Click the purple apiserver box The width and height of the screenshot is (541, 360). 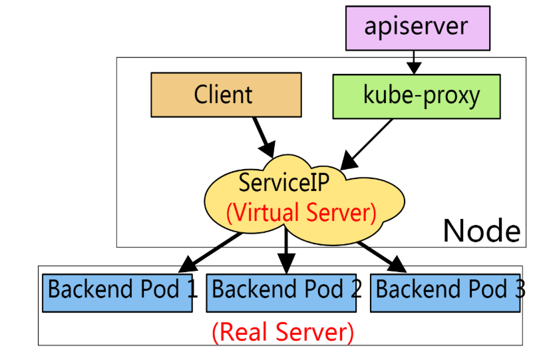pyautogui.click(x=418, y=28)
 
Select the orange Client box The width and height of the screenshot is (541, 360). pyautogui.click(x=226, y=95)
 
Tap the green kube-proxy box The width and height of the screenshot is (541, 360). pyautogui.click(x=417, y=96)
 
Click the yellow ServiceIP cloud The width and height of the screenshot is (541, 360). pyautogui.click(x=304, y=200)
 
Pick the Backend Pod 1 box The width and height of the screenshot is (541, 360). pyautogui.click(x=117, y=293)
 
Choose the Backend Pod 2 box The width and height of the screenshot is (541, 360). pyautogui.click(x=281, y=293)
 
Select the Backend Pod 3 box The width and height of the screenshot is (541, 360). pyautogui.click(x=445, y=293)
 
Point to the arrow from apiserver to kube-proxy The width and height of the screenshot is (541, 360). pyautogui.click(x=414, y=63)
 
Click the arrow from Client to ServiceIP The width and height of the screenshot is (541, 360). pyautogui.click(x=264, y=138)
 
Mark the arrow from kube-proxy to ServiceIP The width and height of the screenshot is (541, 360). pyautogui.click(x=367, y=144)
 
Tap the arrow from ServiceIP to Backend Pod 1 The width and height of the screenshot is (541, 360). pyautogui.click(x=210, y=253)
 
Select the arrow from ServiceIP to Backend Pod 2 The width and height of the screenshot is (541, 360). pyautogui.click(x=286, y=250)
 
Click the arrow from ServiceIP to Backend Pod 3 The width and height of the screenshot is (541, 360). pyautogui.click(x=382, y=258)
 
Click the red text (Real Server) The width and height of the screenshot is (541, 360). pyautogui.click(x=283, y=333)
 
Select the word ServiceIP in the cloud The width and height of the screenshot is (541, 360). pyautogui.click(x=284, y=182)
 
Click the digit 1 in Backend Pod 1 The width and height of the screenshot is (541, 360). pyautogui.click(x=192, y=289)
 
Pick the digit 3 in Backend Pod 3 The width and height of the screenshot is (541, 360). pyautogui.click(x=520, y=289)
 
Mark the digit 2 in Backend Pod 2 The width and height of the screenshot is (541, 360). pyautogui.click(x=357, y=289)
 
